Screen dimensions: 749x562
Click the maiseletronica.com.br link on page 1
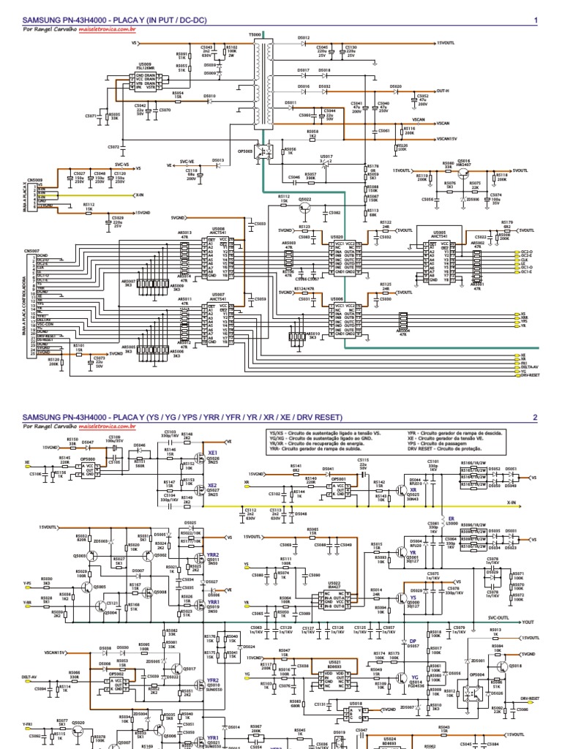pyautogui.click(x=102, y=30)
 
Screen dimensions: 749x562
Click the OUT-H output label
pyautogui.click(x=443, y=91)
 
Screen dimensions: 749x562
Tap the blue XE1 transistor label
pyautogui.click(x=214, y=453)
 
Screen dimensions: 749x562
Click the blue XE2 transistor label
pyautogui.click(x=213, y=485)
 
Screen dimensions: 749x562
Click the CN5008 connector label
pyautogui.click(x=35, y=178)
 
